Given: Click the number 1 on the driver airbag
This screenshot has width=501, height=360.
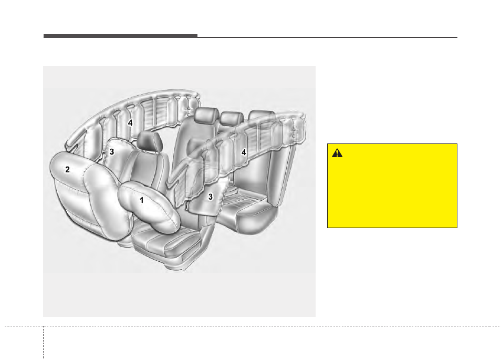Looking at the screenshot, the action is pos(142,200).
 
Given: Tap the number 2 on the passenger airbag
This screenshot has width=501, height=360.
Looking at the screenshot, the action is pos(67,169).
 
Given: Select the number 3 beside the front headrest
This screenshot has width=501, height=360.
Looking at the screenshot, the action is pos(112,151).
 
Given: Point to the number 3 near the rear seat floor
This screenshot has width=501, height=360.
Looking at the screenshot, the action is pos(211,197).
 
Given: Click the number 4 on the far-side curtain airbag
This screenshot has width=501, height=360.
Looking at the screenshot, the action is pos(130,122).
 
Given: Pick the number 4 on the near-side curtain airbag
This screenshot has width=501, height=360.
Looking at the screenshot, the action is pos(244,152).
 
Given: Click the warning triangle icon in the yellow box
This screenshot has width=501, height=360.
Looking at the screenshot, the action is pos(337,153).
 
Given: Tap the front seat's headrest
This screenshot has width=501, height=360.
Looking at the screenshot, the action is pos(150,141).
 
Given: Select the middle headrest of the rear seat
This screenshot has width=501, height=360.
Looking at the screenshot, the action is pos(232,118).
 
